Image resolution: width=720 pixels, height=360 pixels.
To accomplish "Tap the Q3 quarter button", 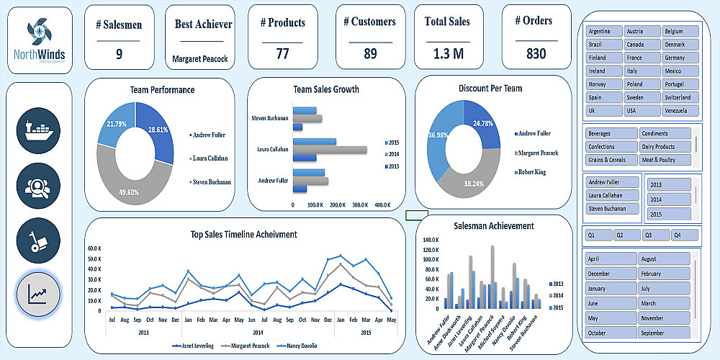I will pos(656,235).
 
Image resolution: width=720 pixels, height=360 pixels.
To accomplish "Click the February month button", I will pos(665,274).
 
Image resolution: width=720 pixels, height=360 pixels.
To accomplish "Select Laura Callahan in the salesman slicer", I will pos(612,195).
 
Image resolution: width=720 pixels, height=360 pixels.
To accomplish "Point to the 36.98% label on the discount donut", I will pos(439,135).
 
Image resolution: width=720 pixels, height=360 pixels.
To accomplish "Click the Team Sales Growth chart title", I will pos(326,89).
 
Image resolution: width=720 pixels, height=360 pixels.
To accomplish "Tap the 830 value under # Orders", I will pos(536,53).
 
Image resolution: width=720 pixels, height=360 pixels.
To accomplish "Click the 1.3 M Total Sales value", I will pos(448,53).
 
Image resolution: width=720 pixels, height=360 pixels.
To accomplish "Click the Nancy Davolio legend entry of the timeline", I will pos(303,346).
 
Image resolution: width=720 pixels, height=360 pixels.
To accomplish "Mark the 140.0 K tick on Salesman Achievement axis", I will pos(429,239).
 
